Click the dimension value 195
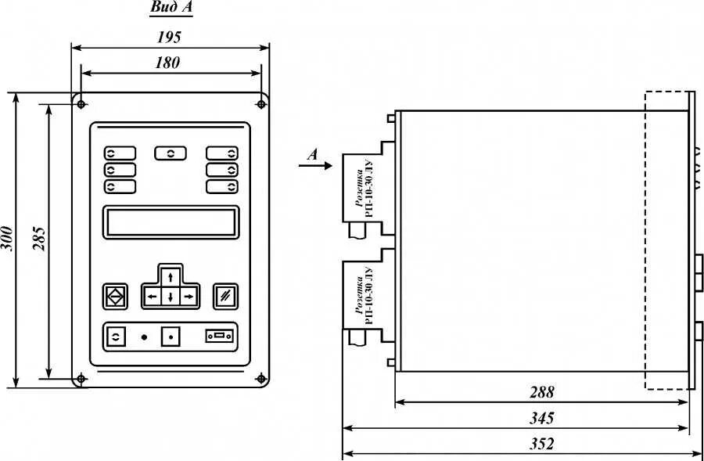click(170, 36)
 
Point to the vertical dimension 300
click(7, 238)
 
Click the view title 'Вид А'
click(171, 9)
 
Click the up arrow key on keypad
click(170, 279)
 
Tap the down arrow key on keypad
click(170, 297)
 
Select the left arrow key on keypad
click(152, 297)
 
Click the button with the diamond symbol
click(115, 296)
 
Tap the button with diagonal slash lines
click(225, 296)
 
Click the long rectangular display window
click(171, 221)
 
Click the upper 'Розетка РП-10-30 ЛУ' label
click(364, 185)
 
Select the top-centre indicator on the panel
click(171, 153)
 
